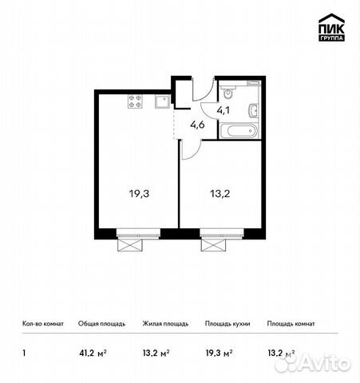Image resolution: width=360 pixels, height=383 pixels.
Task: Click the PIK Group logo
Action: (330, 28)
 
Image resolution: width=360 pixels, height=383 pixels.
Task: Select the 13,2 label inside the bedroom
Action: (220, 192)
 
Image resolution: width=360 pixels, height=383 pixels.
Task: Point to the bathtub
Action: (239, 128)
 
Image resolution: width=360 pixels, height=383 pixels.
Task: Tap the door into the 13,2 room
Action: (190, 147)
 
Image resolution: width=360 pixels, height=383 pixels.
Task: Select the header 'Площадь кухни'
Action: (227, 324)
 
